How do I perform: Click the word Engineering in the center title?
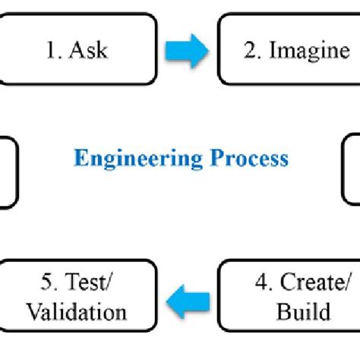pyautogui.click(x=137, y=159)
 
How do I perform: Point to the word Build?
pyautogui.click(x=303, y=312)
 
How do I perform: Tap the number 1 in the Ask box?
pyautogui.click(x=50, y=50)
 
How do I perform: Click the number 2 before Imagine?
pyautogui.click(x=250, y=50)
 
